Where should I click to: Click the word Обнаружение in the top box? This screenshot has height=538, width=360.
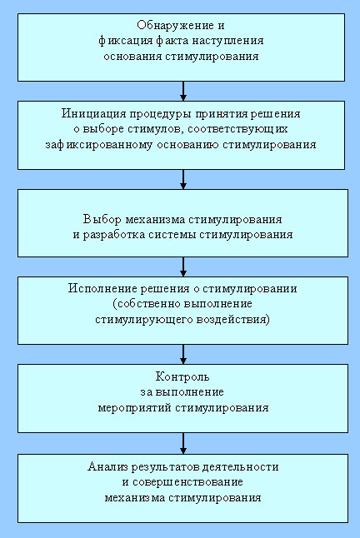(x=177, y=26)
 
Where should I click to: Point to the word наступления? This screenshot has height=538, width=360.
(x=227, y=41)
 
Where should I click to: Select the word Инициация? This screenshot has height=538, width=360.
(x=91, y=114)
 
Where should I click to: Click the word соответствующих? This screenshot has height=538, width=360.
(x=237, y=129)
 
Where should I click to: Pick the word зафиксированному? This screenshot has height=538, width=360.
(x=99, y=145)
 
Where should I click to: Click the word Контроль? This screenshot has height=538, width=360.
(x=182, y=376)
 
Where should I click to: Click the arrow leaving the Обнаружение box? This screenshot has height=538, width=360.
(x=183, y=91)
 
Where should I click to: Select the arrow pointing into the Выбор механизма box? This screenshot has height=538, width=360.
(x=183, y=179)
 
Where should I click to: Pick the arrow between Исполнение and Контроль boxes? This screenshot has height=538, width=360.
(x=183, y=354)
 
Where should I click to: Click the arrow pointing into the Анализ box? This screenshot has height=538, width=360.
(x=183, y=443)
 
